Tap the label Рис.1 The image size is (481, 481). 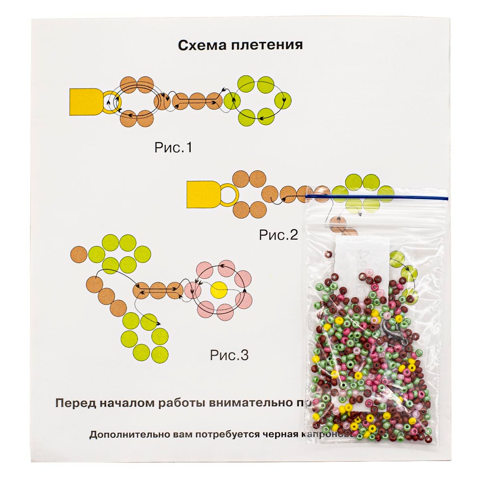coord(173,148)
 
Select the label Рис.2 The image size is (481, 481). coord(278,234)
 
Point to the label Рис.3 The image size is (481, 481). coord(229,355)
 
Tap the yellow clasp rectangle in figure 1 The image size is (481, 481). coord(85,102)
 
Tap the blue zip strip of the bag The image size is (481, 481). coord(377,196)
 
